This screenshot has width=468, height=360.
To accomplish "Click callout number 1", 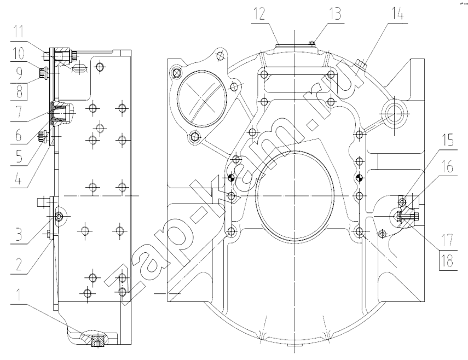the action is [19, 295].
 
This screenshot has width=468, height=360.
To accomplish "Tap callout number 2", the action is [19, 264].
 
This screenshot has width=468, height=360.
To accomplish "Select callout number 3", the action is [19, 234].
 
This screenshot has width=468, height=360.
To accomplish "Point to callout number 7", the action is [19, 112].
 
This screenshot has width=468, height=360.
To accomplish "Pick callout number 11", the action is [19, 32].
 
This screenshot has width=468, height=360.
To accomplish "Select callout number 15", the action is [447, 140].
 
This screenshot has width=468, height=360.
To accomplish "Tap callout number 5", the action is [19, 156].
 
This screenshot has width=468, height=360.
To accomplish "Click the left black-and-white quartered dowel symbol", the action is [231, 178].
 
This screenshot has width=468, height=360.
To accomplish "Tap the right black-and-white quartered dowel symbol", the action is [360, 178].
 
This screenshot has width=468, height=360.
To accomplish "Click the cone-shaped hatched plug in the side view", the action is [58, 113].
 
